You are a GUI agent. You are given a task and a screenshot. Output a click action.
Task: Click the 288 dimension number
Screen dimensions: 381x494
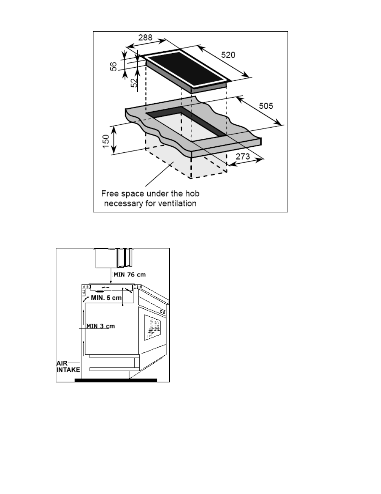(145, 38)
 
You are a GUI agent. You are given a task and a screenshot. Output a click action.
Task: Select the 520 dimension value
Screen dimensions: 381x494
(228, 55)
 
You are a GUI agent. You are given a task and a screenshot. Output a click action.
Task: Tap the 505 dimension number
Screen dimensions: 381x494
(266, 106)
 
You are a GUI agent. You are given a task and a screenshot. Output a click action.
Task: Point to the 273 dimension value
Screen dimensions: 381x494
(243, 156)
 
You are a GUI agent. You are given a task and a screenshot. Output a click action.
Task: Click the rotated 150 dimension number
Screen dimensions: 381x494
(106, 142)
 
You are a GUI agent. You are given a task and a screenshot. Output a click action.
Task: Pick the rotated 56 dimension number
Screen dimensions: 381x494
(113, 66)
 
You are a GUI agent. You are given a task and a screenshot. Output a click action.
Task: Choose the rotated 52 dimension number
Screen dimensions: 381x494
(134, 82)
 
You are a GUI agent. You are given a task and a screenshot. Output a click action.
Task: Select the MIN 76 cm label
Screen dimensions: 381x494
(129, 275)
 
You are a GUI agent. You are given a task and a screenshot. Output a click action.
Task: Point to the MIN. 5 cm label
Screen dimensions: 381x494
(106, 298)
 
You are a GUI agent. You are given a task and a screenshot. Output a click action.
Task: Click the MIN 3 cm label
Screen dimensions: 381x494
(101, 326)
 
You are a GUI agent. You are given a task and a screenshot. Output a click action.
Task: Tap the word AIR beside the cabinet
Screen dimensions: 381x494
(62, 363)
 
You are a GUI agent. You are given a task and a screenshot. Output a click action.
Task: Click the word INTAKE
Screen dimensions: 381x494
(68, 370)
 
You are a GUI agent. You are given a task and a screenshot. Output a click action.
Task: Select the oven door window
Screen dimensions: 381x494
(153, 328)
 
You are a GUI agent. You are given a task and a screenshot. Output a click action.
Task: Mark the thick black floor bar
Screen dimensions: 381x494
(116, 380)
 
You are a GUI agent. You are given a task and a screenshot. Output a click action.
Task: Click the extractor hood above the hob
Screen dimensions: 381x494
(114, 258)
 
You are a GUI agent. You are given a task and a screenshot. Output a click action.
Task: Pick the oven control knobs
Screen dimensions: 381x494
(163, 312)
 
